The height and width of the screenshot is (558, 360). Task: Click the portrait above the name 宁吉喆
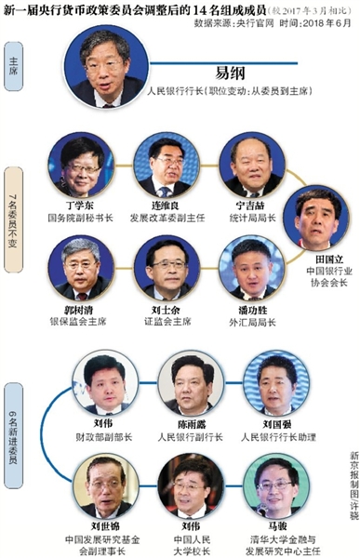point(250,161)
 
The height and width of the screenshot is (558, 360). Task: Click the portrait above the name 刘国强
point(283,381)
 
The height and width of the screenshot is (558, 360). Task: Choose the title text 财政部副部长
point(103,433)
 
